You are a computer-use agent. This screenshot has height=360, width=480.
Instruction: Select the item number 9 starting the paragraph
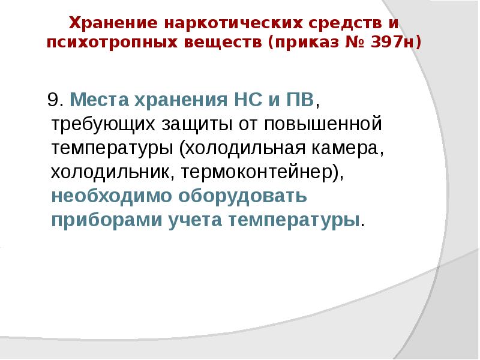pyautogui.click(x=52, y=99)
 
